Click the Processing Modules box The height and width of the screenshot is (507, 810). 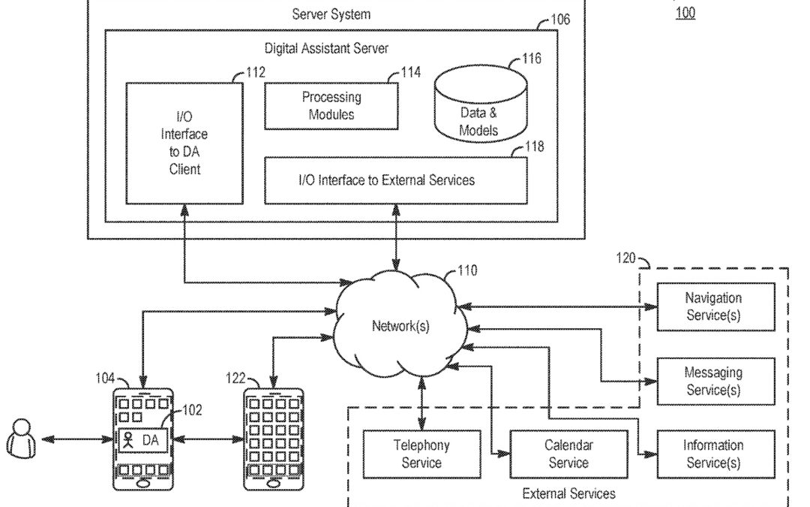click(x=331, y=106)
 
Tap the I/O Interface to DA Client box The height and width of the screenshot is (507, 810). click(x=184, y=143)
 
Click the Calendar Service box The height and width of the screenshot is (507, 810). click(x=568, y=454)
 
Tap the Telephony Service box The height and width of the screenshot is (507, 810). click(x=421, y=454)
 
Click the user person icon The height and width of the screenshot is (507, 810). click(x=21, y=439)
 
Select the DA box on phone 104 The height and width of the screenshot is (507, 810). click(x=141, y=440)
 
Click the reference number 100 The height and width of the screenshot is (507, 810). click(x=685, y=13)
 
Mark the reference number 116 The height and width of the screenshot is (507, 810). click(x=531, y=59)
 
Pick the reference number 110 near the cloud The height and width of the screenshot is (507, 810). click(x=466, y=270)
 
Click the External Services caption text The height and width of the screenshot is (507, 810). click(x=568, y=493)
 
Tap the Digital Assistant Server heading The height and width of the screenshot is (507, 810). click(x=326, y=48)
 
